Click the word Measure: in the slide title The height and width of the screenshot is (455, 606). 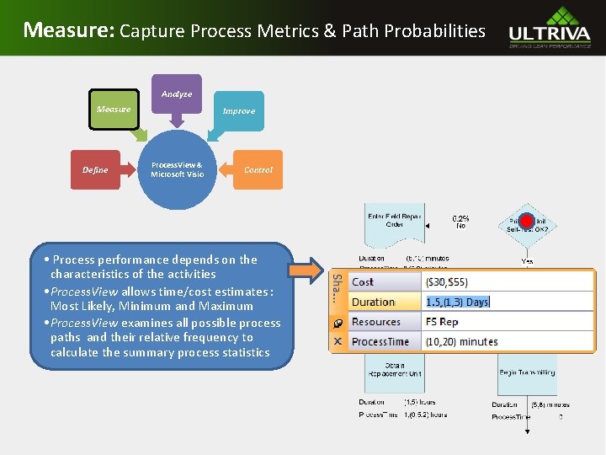tap(68, 30)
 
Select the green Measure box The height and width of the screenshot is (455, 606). tap(114, 109)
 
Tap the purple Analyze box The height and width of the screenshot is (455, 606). tap(177, 94)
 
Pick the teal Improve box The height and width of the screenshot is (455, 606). tap(238, 110)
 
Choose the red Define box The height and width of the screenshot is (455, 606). tap(95, 169)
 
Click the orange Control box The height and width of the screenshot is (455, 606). tap(258, 169)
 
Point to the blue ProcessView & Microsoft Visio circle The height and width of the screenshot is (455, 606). tap(177, 169)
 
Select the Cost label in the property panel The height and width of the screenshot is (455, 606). tap(363, 282)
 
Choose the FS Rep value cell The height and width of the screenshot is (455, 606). tap(442, 322)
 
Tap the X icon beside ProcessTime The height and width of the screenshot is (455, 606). tap(337, 341)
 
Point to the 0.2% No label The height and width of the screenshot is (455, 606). tap(460, 222)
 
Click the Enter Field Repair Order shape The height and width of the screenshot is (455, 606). tap(395, 222)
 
